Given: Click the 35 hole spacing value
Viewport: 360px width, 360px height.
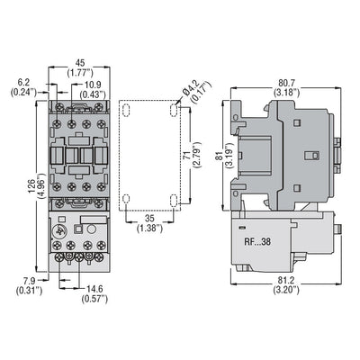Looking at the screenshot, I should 148,219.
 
